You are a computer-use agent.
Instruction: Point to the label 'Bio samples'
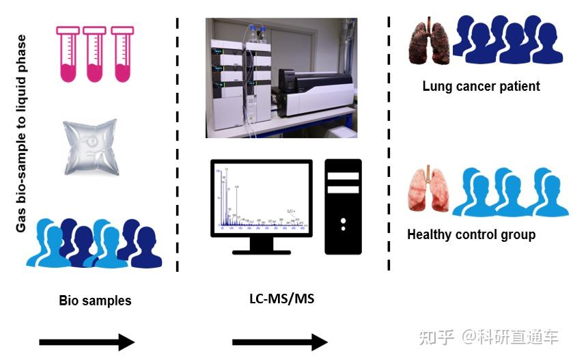[x=95, y=301]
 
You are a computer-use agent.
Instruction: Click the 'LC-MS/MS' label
[x=281, y=299]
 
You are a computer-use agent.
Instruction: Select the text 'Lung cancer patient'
[x=481, y=86]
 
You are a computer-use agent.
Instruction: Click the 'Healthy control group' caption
[x=471, y=235]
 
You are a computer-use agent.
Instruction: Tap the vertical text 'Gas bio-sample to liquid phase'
[x=21, y=133]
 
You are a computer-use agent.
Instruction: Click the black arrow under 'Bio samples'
[x=87, y=342]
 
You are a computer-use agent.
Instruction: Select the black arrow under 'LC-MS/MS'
[x=280, y=342]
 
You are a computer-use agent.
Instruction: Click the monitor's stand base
[x=262, y=249]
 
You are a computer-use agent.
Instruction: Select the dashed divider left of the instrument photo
[x=178, y=143]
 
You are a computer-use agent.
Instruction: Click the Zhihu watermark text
[x=489, y=336]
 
